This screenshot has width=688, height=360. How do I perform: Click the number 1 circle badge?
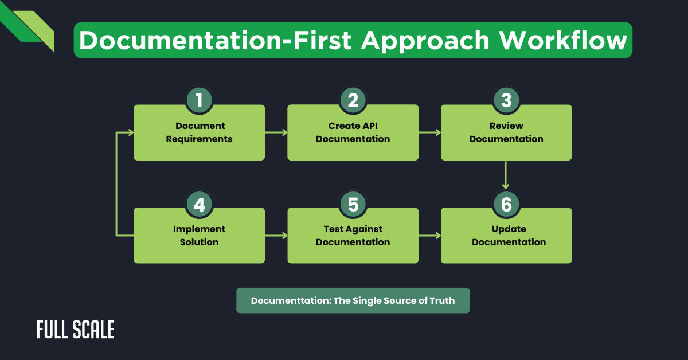pos(199,100)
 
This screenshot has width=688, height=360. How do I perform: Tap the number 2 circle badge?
pos(353,100)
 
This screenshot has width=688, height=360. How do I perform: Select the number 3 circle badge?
pos(506,100)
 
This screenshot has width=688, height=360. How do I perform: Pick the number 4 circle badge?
pos(199,204)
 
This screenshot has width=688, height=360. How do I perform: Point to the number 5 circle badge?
pos(353,204)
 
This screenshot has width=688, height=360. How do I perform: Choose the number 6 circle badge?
pos(506,204)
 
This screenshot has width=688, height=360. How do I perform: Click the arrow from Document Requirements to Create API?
pos(276,132)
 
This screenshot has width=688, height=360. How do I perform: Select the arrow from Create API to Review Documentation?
pos(429,132)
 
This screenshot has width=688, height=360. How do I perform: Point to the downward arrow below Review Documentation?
pos(506,175)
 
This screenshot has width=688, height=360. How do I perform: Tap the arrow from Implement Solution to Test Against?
pos(276,236)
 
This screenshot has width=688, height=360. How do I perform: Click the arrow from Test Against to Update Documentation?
pos(429,236)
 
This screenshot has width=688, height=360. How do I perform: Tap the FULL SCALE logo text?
pos(76,330)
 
